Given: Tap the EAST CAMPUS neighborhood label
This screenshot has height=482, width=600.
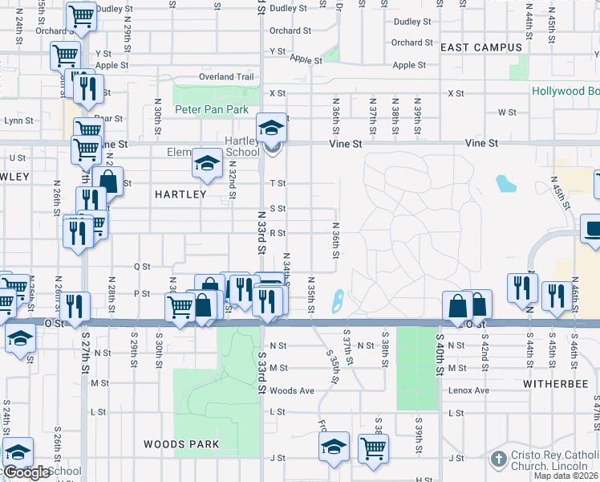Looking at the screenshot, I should point(481,47).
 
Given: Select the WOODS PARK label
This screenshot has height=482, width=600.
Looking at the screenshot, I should point(176,443).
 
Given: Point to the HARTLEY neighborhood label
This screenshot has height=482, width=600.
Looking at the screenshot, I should point(180,194).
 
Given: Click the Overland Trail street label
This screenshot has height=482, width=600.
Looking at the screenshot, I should point(227,77).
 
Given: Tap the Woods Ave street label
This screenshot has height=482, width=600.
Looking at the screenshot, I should point(292,391).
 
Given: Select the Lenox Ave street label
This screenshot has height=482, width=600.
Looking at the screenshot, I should point(470,390).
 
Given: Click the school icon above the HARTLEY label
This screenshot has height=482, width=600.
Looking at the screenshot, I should point(207,165).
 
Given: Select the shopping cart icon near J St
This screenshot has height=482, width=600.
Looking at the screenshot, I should point(374,448).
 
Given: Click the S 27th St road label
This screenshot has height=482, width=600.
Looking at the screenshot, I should point(84,352).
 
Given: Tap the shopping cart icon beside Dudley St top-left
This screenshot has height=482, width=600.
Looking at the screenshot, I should point(80,16).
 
